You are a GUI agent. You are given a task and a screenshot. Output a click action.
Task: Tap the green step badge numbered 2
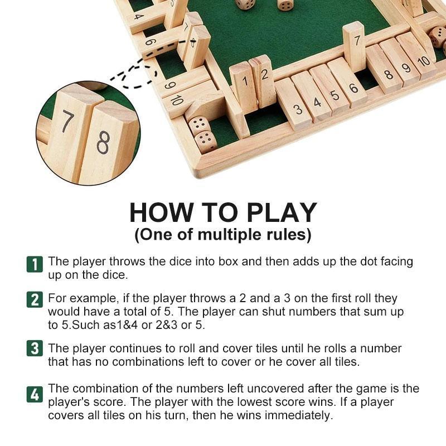click(x=35, y=299)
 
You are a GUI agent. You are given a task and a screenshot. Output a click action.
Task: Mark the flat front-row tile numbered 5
click(x=334, y=95)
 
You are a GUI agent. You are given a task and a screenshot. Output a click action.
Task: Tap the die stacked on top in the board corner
click(x=199, y=124)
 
